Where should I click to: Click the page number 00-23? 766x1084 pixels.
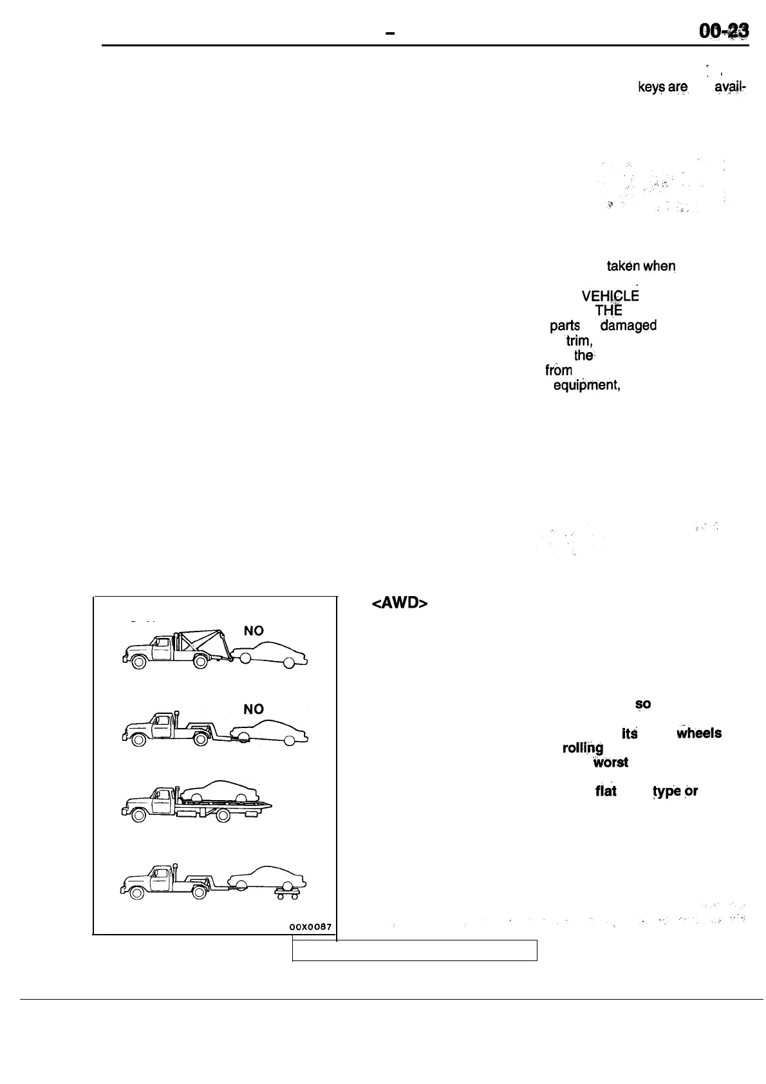(722, 32)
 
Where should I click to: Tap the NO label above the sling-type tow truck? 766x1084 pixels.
(254, 631)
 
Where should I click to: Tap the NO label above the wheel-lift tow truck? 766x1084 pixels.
(254, 709)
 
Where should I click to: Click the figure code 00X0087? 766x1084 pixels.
(310, 927)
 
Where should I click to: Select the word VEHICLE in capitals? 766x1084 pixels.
(610, 296)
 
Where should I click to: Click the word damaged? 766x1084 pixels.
(628, 326)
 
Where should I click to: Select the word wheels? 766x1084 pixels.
(698, 733)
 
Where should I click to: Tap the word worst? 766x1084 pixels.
(610, 763)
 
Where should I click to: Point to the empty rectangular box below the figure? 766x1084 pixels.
(415, 950)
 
